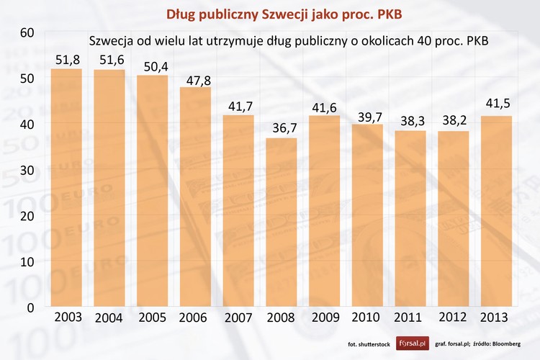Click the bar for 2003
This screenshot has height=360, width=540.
(x=67, y=188)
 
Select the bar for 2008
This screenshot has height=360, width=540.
(x=281, y=222)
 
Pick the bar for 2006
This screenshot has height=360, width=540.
(x=195, y=197)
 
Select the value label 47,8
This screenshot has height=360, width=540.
(x=195, y=78)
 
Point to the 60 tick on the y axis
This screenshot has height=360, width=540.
(x=27, y=32)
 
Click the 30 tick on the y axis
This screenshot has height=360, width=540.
(x=27, y=170)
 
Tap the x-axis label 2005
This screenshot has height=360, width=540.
(x=153, y=318)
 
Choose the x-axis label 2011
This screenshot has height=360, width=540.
(x=410, y=318)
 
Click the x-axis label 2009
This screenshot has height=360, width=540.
(x=324, y=318)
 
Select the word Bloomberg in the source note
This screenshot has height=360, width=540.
(x=516, y=344)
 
